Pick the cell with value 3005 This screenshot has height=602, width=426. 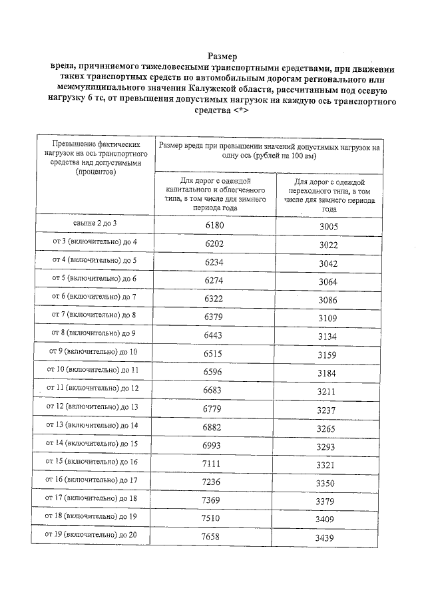(328, 226)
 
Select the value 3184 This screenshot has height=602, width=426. (328, 374)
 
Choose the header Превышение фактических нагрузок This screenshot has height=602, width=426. (96, 157)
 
